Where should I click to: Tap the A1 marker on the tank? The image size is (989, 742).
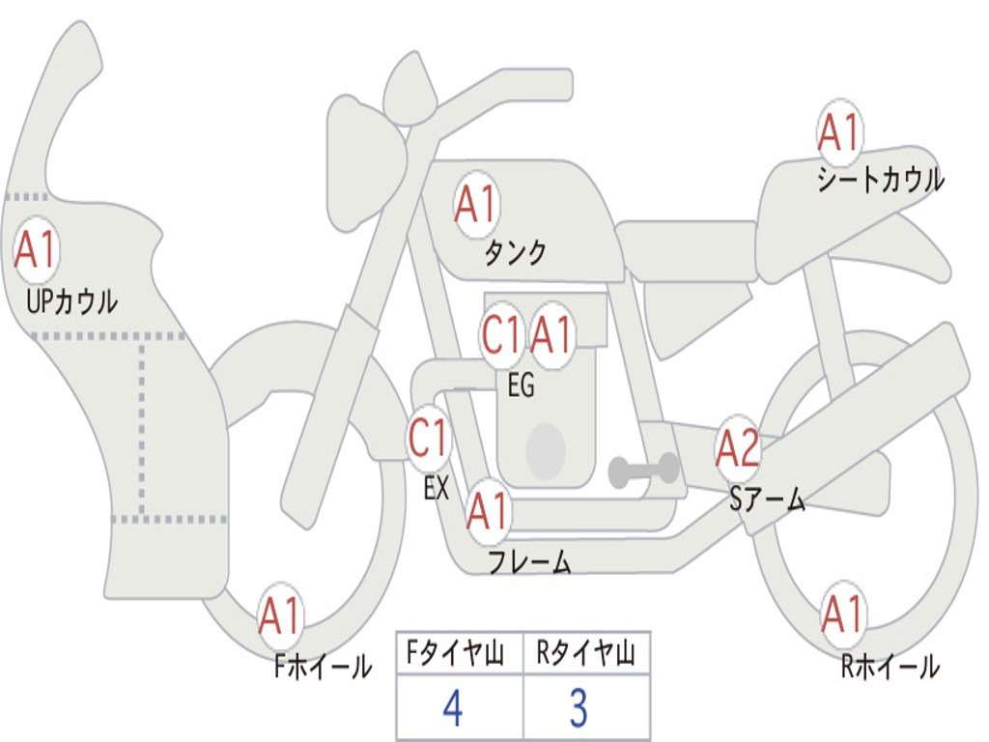[477, 205]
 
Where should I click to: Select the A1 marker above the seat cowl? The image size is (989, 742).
[839, 132]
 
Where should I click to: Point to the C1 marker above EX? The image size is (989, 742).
[429, 438]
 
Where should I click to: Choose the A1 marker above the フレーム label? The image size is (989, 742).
[488, 510]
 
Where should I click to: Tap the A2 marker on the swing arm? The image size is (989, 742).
[737, 448]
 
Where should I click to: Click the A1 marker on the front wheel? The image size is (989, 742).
[280, 615]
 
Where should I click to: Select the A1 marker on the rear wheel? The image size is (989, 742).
[842, 614]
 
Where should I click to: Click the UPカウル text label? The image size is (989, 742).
[71, 301]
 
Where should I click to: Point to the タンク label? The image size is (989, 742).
[515, 253]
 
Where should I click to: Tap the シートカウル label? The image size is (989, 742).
[881, 179]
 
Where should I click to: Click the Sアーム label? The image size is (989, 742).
[767, 499]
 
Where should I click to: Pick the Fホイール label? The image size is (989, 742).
[323, 667]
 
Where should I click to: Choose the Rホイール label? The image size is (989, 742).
[890, 667]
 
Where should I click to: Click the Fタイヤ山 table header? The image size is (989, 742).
[456, 652]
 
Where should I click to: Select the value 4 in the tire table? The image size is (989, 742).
[453, 708]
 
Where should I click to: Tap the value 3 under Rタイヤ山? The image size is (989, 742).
[579, 708]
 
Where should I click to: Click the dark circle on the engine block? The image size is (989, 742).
[546, 450]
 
